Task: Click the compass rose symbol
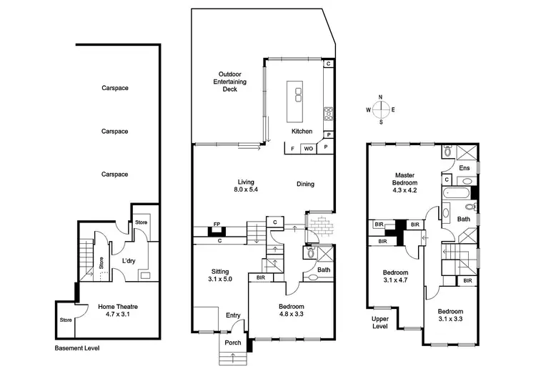point(381,109)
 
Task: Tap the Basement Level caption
point(77,348)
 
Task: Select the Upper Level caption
point(380,323)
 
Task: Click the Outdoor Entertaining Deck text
point(232,82)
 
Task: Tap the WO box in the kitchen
point(308,149)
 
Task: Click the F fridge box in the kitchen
point(292,149)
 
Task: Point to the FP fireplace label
point(217,225)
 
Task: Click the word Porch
point(232,343)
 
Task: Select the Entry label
point(233,315)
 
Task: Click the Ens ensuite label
point(464,168)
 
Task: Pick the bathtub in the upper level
point(455,195)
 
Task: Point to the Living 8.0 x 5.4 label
point(247,185)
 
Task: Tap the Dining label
point(305,184)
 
